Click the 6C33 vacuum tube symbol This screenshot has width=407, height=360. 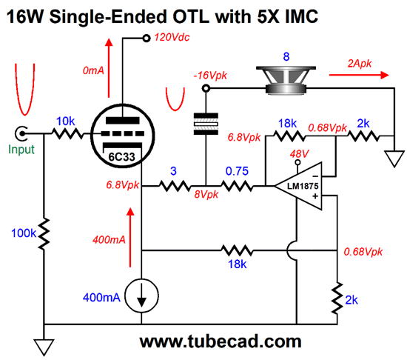pos(123,136)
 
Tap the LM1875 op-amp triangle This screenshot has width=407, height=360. pos(298,186)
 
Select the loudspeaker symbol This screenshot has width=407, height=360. pos(286,80)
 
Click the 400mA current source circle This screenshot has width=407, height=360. pos(142,296)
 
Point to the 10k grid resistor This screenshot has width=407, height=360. pos(68,133)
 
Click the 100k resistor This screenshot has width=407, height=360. pos(44,234)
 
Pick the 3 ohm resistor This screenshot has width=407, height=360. pos(175,186)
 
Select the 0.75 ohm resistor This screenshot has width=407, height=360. pos(237,186)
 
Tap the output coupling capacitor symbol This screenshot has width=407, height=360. pos(206,124)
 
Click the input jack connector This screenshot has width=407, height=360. pos(21,133)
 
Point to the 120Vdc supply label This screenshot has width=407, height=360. pos(172,37)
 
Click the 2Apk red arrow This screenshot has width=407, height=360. pos(359,75)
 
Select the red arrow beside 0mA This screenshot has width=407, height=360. pos(109,68)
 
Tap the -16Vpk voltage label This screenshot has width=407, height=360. pos(210,76)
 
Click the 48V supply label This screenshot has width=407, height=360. pos(299,154)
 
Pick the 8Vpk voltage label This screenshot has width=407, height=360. pos(206,195)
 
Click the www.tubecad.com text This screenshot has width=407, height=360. pos(221,341)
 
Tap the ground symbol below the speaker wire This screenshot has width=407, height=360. pos(394,159)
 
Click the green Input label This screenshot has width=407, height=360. pos(21,150)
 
